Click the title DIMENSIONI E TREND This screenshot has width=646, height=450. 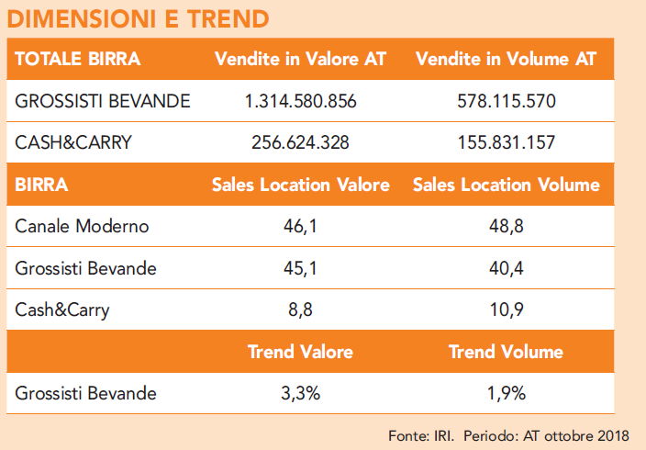click(139, 18)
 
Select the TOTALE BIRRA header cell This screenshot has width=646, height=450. click(78, 60)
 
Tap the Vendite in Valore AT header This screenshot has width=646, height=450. click(300, 60)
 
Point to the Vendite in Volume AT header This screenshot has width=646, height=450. click(506, 60)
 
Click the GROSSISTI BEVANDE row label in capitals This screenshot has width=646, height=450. click(103, 101)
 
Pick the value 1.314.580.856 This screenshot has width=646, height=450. click(300, 101)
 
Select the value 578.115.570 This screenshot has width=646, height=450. click(506, 101)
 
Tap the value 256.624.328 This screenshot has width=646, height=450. click(300, 142)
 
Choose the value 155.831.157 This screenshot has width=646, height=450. click(506, 142)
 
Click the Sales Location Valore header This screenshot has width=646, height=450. click(300, 185)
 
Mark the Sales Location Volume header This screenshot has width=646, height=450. click(506, 185)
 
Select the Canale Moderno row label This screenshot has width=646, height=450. click(82, 227)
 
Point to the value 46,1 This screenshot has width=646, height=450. click(300, 227)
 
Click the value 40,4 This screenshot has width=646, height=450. click(506, 268)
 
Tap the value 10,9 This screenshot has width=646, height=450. click(506, 309)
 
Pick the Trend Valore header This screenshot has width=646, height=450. click(300, 352)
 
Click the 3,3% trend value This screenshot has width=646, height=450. click(300, 394)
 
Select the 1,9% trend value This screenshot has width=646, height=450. click(506, 394)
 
